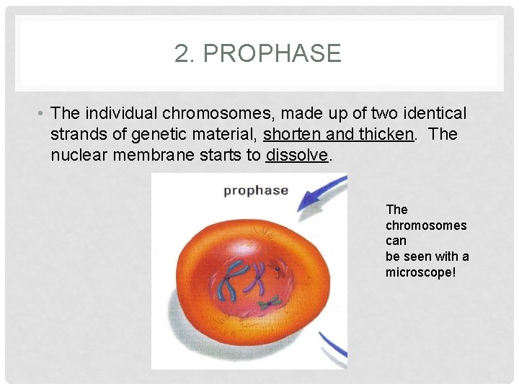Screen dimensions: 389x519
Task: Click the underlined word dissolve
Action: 297,154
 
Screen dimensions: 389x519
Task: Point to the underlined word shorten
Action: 293,134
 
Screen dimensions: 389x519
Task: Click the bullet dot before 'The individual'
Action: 43,114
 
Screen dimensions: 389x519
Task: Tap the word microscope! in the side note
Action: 421,272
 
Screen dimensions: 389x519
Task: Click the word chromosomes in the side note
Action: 426,225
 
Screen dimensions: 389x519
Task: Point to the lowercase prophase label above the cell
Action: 255,191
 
